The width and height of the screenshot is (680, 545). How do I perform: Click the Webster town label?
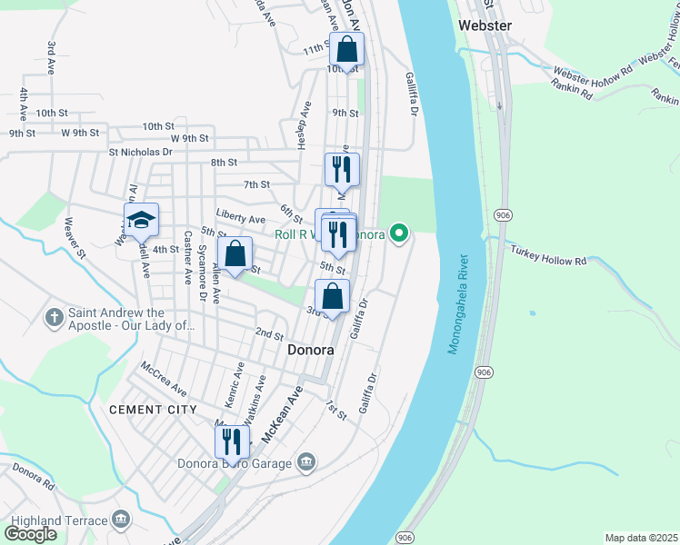(x=486, y=25)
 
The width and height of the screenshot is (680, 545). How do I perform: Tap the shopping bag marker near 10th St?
(x=346, y=48)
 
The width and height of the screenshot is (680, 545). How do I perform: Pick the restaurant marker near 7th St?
(x=342, y=168)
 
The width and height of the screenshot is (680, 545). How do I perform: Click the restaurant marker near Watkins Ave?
(x=232, y=441)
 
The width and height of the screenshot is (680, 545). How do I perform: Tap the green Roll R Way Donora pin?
(x=398, y=233)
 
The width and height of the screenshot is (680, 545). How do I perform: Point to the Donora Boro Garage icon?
(x=305, y=463)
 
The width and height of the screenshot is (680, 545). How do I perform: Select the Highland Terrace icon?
(x=121, y=520)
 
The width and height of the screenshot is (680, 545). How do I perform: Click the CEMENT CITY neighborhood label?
(x=153, y=410)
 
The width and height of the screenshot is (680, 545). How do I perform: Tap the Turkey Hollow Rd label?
(x=548, y=255)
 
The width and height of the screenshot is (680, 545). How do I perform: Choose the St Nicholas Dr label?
(x=141, y=153)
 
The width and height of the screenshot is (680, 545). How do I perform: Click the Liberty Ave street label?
(x=241, y=219)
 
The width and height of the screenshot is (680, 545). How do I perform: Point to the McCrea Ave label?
(x=163, y=380)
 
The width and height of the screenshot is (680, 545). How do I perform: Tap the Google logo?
(x=31, y=534)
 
